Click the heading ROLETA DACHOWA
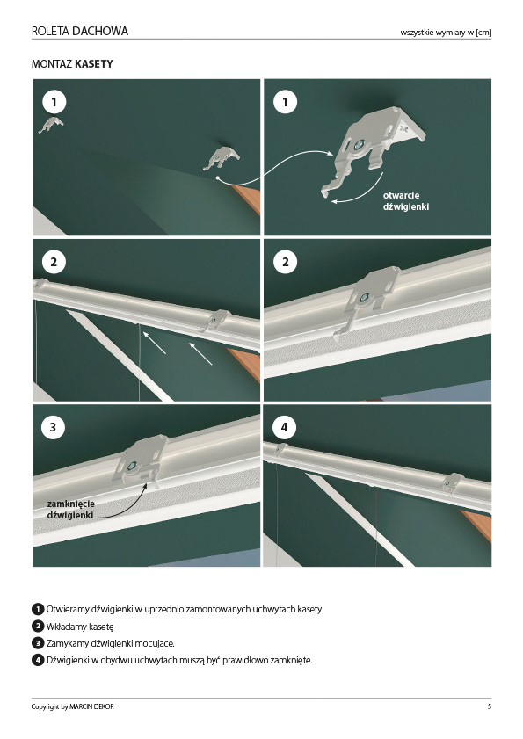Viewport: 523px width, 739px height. click(x=80, y=31)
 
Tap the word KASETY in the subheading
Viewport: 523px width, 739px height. click(x=93, y=63)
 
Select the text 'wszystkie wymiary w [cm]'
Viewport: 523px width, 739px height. click(x=446, y=33)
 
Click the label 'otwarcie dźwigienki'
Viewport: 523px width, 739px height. click(x=406, y=200)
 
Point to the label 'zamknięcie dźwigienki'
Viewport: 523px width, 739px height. click(x=70, y=510)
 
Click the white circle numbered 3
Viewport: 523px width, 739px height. click(x=54, y=427)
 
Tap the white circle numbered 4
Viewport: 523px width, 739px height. click(x=285, y=427)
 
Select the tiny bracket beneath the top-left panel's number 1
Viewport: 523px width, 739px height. click(x=51, y=125)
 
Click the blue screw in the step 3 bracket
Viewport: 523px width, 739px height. click(x=133, y=466)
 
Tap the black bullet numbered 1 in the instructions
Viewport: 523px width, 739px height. click(x=38, y=609)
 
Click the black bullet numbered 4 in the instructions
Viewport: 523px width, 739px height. click(x=38, y=660)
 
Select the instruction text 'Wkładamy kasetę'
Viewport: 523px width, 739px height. click(x=80, y=627)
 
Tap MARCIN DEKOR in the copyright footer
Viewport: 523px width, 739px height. click(x=91, y=706)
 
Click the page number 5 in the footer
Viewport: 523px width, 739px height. click(x=490, y=706)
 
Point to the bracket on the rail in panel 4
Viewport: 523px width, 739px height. click(x=452, y=482)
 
